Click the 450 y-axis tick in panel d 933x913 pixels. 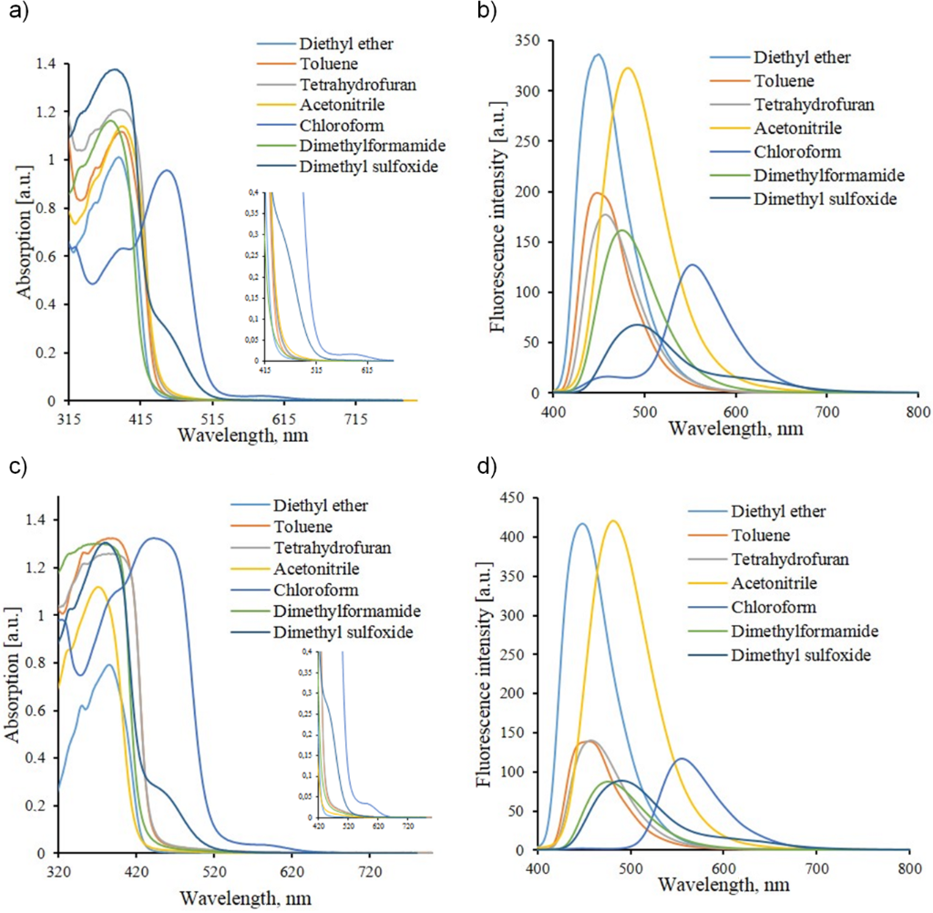[517, 498]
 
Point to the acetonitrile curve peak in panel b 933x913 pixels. [627, 68]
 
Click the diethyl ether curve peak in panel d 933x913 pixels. [581, 524]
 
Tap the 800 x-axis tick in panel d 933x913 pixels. [908, 867]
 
